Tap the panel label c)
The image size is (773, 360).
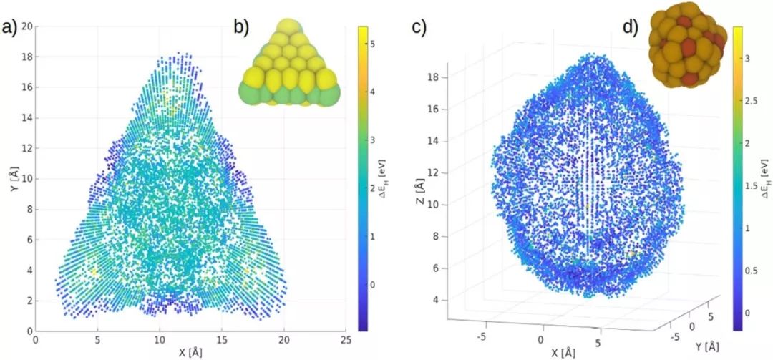419,27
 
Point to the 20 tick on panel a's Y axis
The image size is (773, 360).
26,26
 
